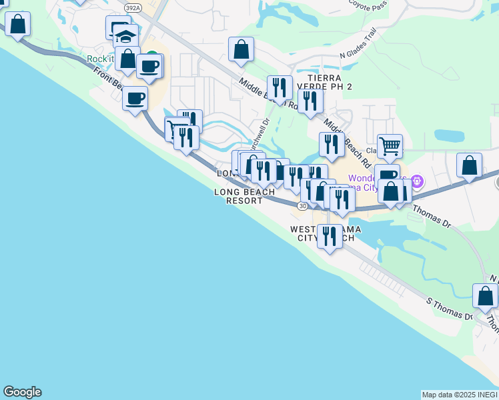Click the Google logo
22,392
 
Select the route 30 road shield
304,206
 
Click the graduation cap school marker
125,35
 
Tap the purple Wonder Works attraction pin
418,181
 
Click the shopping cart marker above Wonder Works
390,145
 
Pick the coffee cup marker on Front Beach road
135,99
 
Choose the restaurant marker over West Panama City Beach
329,236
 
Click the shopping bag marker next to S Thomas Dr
485,295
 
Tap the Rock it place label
100,59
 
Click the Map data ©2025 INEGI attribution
460,395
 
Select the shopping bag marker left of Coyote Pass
241,49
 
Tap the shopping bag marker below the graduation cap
127,58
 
